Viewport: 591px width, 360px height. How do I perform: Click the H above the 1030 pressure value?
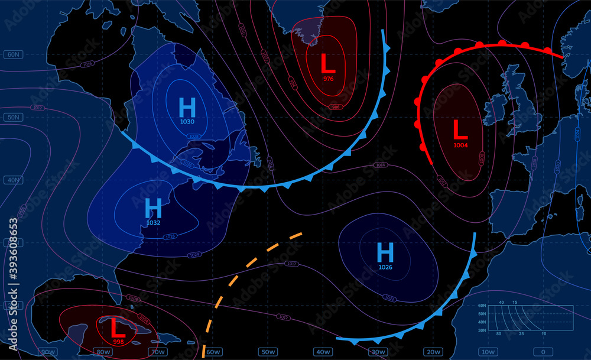[x=187, y=108]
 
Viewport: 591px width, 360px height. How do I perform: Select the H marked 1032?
[x=153, y=208]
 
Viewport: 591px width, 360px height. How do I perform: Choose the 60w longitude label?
[x=213, y=352]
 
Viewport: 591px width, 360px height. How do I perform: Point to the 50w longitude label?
[x=268, y=352]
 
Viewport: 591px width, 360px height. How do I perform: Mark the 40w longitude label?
[x=323, y=352]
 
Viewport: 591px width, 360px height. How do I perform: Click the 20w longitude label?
[x=433, y=352]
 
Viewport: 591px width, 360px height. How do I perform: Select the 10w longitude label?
[x=488, y=352]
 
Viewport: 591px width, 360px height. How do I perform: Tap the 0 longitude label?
[x=543, y=352]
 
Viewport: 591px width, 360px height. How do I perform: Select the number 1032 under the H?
[x=153, y=223]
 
